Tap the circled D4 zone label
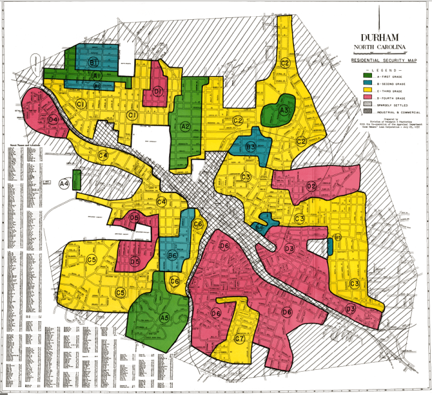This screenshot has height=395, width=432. click(53, 119)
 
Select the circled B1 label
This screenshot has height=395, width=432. click(94, 62)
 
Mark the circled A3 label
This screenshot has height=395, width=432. click(284, 110)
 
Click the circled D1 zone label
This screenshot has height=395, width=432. click(158, 91)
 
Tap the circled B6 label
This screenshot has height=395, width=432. click(172, 257)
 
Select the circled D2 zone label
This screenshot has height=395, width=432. click(311, 186)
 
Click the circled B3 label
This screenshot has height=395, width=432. click(251, 146)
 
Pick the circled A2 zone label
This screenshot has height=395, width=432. click(185, 126)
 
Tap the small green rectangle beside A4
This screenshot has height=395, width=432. click(76, 180)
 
